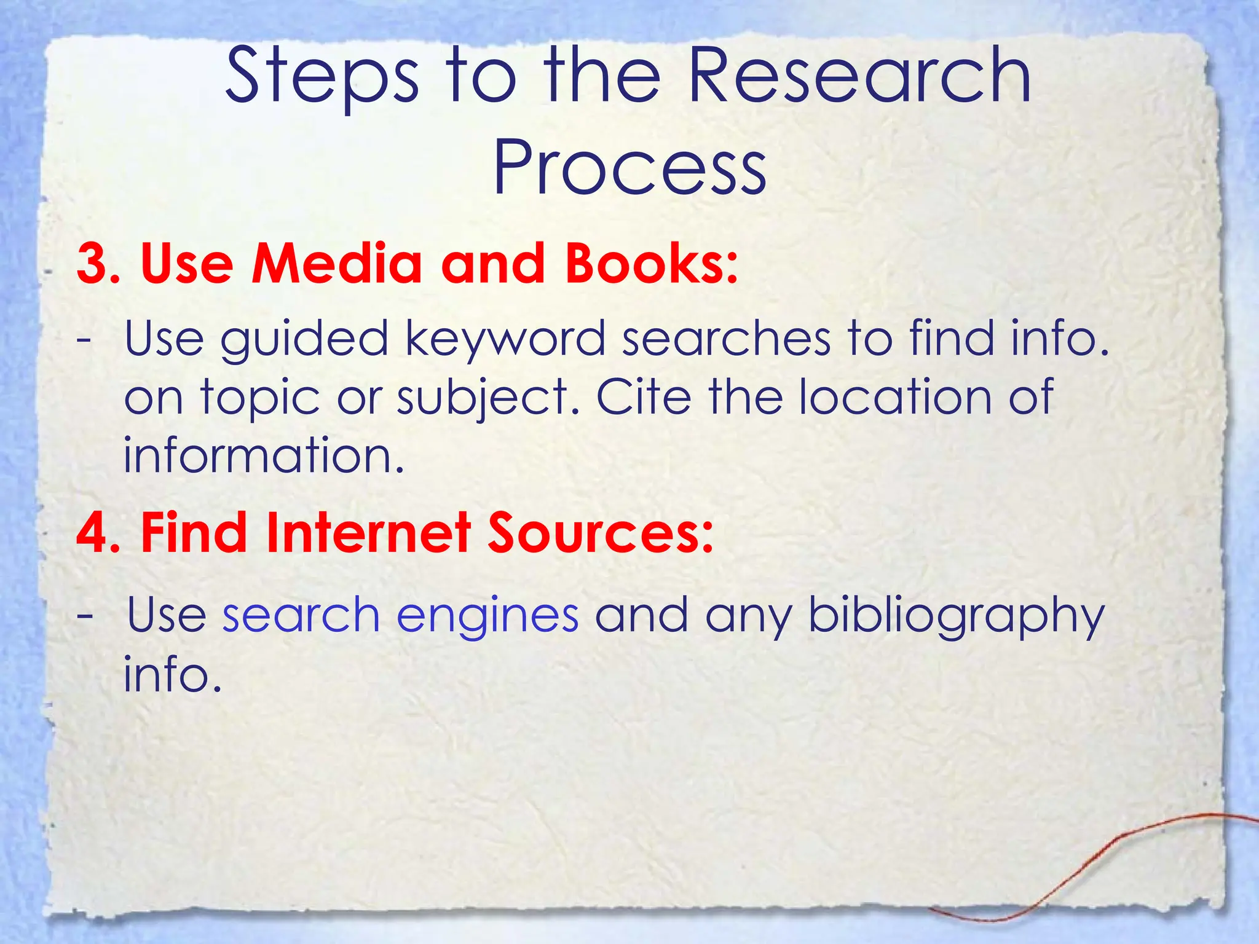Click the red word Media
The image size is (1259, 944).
[337, 263]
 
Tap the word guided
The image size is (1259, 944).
[304, 339]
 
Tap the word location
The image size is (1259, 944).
[895, 397]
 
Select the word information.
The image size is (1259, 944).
[264, 455]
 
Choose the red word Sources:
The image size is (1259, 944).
[601, 532]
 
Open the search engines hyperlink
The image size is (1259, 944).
[400, 616]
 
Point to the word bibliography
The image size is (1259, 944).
[957, 616]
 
